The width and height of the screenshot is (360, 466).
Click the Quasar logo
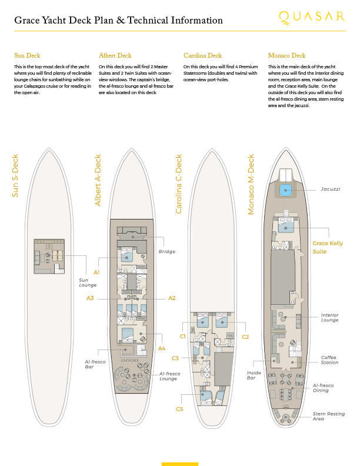pos(312,18)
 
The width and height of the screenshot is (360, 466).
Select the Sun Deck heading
pos(27,55)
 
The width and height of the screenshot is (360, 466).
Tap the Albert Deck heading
pos(115,55)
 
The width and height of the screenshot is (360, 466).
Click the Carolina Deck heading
pos(202,55)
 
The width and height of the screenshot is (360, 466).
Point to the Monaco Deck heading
pos(286,55)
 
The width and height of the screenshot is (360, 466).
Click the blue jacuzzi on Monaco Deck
pos(286,190)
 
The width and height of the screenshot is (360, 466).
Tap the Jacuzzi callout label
pos(331,189)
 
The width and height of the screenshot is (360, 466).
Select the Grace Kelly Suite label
pos(327,247)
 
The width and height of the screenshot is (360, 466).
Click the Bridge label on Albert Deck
pos(166,251)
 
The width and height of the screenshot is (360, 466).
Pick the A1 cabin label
pos(96,272)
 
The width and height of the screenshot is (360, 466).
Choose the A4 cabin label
pos(161,348)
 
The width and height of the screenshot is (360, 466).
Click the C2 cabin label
pos(245,337)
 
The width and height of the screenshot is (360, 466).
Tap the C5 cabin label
pos(179,410)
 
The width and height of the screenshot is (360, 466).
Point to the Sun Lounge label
pos(88,282)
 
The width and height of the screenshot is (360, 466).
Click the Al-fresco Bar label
pos(95,364)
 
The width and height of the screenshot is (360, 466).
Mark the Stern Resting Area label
pos(328,416)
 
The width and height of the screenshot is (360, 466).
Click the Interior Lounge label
pos(329,317)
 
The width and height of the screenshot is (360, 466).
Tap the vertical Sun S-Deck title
pos(15,176)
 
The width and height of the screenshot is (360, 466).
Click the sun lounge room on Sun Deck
pos(49,257)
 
